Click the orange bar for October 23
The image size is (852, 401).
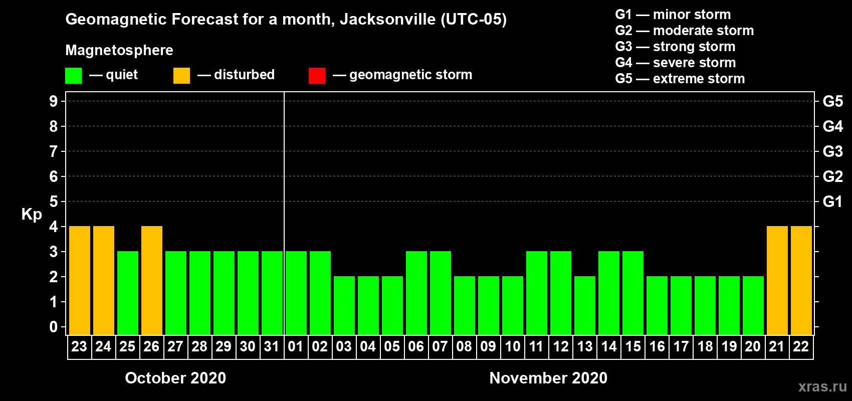(80, 280)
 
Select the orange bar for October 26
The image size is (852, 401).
(152, 280)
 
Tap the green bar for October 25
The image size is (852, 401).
(128, 293)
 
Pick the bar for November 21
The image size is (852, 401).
(777, 280)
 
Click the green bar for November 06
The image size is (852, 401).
(416, 293)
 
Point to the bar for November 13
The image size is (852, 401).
(585, 305)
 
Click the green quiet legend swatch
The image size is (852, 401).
(74, 76)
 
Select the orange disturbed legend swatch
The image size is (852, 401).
(181, 76)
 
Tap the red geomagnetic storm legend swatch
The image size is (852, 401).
(317, 76)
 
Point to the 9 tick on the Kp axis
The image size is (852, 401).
(54, 101)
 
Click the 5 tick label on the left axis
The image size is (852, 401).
(54, 202)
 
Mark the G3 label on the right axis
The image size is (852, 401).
(832, 151)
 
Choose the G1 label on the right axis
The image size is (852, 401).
(832, 202)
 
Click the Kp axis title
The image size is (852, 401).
(32, 215)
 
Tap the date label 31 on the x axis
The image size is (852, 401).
(272, 346)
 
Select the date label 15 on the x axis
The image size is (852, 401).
(633, 346)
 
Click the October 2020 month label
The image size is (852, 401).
(175, 378)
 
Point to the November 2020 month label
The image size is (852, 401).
(548, 378)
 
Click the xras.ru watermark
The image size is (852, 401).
(822, 386)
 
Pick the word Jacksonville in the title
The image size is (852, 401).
(388, 20)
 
